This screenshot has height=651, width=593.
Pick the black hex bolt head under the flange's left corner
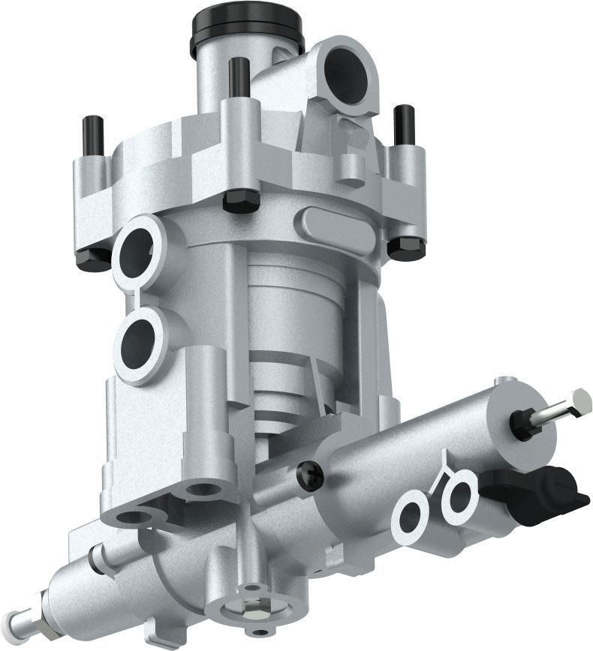(92, 257)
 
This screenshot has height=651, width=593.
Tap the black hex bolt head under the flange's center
(241, 200)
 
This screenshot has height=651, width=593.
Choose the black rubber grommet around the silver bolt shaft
(520, 425)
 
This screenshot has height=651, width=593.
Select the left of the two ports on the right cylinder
(412, 515)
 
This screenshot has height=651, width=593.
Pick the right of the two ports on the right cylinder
(457, 496)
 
